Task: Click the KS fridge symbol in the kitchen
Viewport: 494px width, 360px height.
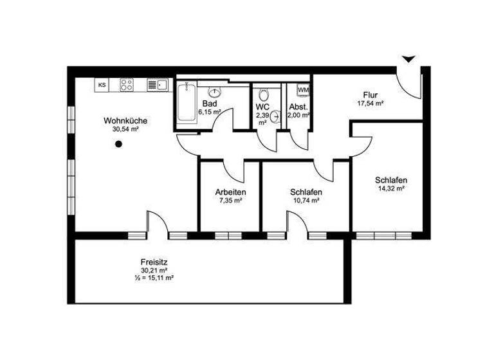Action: coord(102,84)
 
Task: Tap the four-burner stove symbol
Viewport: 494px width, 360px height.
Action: coord(127,84)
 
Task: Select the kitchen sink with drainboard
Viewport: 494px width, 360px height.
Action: coord(157,84)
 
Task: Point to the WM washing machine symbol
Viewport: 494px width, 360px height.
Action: coord(303,90)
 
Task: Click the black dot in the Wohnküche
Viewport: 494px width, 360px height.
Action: coord(118,145)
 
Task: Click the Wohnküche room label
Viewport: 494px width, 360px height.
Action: coord(125,120)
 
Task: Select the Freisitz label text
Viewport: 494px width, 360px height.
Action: coord(154,262)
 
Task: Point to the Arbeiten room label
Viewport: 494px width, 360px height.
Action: coord(230,192)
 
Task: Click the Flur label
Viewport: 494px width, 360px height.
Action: coord(370,94)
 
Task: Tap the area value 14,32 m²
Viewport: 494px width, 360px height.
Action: coord(391,188)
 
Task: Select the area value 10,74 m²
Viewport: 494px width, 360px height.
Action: coord(306,201)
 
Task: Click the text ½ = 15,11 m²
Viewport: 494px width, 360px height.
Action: coord(154,278)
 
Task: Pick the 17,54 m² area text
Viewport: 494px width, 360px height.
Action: coord(370,103)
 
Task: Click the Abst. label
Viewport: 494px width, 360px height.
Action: coord(299,107)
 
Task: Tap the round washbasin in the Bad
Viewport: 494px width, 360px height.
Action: coord(215,91)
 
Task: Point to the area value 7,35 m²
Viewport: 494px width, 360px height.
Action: coord(230,201)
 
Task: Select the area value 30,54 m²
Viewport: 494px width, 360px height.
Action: coord(125,129)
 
